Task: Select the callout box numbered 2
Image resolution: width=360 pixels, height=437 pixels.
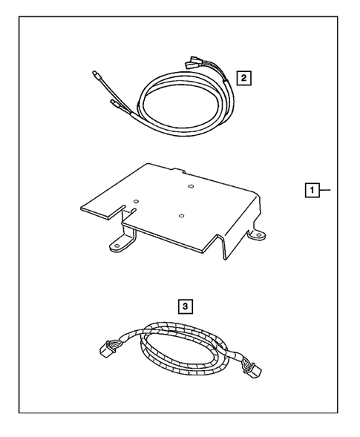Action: [x=243, y=76]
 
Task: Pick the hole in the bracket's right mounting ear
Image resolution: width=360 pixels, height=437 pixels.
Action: [x=259, y=235]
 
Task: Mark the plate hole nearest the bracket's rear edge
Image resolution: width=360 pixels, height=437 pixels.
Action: [x=190, y=186]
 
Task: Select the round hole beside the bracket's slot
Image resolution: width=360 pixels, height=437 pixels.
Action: [x=136, y=200]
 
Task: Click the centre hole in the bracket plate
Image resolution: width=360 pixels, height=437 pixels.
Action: [x=182, y=214]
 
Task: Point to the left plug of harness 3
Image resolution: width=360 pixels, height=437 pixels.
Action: [x=108, y=348]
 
